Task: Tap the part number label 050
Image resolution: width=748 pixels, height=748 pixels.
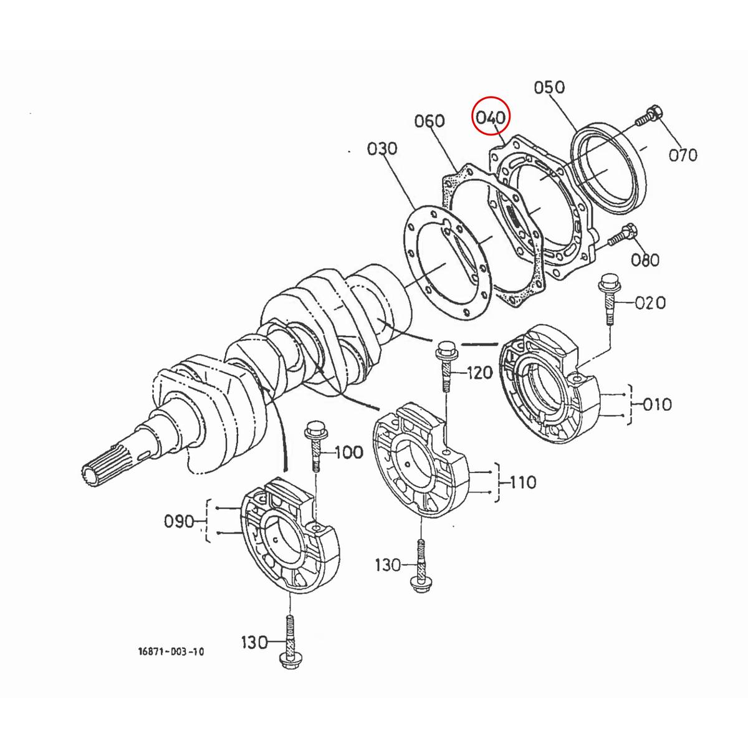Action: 549,87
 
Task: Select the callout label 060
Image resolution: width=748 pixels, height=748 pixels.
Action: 429,121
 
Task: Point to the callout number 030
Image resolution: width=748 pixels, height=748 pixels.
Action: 382,149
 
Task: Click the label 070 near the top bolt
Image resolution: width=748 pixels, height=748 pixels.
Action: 683,155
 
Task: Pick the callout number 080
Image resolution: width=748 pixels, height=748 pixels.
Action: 645,259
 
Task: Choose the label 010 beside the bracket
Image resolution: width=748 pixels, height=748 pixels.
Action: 657,405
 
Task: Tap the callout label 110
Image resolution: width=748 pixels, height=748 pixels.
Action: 523,482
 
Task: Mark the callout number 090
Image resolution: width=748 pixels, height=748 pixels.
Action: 180,521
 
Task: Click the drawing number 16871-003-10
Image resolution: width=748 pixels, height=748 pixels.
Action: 171,652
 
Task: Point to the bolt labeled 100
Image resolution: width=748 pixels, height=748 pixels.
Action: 314,445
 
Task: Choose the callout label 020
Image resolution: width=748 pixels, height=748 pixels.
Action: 650,304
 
